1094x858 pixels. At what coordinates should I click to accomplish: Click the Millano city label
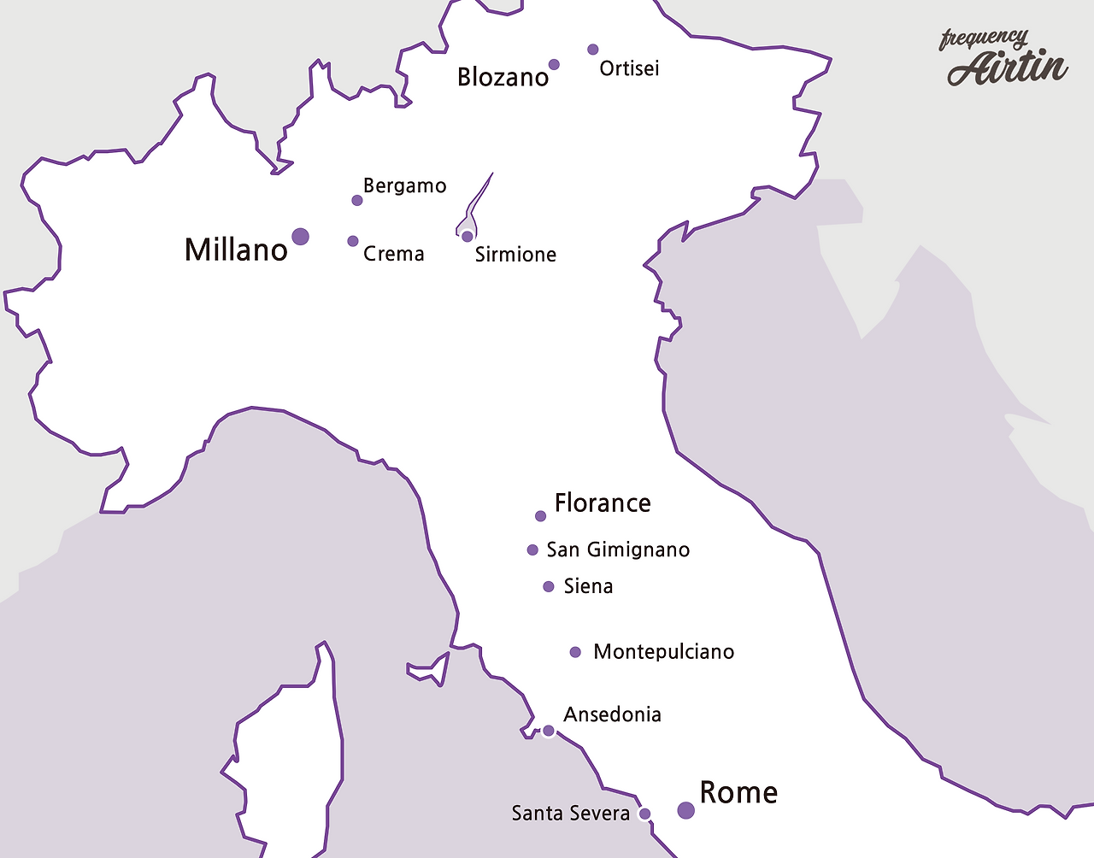pos(236,250)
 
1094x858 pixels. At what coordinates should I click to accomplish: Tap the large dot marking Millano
pos(300,237)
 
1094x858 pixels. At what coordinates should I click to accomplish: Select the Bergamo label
pos(404,186)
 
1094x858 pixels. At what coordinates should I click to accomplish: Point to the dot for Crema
pos(353,241)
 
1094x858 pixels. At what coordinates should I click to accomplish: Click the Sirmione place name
pos(515,255)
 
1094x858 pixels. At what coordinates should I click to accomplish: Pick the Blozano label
pos(503,77)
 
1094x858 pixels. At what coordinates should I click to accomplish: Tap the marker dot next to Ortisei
pos(593,50)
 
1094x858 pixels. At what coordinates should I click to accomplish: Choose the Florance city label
pos(603,502)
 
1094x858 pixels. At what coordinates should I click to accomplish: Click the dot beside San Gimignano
pos(532,550)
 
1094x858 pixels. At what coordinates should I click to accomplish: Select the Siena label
pos(588,586)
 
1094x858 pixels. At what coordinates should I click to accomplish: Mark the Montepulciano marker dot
pos(575,652)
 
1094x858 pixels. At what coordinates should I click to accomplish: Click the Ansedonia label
pos(612,714)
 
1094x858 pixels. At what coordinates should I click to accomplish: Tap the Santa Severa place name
pos(570,814)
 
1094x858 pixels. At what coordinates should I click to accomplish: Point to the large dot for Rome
pos(685,810)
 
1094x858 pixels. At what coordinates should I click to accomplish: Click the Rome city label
pos(738,792)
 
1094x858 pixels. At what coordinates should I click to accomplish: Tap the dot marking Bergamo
pos(357,201)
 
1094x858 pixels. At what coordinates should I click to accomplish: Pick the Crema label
pos(393,254)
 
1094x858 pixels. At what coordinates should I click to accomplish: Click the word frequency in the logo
pos(983,38)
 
